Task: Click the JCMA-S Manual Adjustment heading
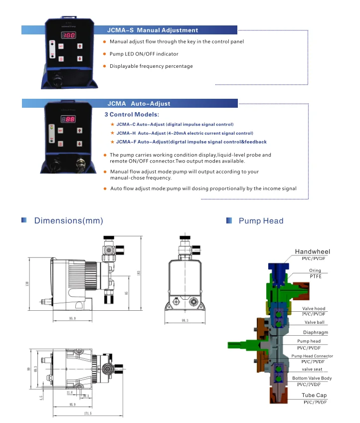[153, 30]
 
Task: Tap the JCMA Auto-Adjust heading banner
[139, 104]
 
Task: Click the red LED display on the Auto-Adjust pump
[68, 119]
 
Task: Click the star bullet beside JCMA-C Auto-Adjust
[112, 124]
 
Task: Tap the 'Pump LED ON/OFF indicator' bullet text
[144, 54]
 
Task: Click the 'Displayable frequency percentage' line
[151, 66]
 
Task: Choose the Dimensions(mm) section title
[68, 220]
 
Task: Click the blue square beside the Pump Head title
[229, 220]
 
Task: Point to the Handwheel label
[313, 251]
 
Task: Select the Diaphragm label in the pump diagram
[315, 332]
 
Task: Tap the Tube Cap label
[314, 395]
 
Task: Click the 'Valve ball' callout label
[314, 322]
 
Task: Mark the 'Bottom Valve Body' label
[312, 378]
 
